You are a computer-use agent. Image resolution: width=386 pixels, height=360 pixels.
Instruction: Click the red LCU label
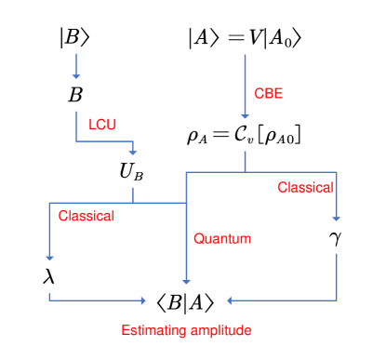click(x=102, y=124)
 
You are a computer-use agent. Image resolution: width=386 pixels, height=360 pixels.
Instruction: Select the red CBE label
click(x=268, y=93)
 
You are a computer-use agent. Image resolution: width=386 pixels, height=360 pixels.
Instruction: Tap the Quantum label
click(x=222, y=239)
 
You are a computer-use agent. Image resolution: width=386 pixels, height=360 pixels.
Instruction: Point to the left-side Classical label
click(x=87, y=216)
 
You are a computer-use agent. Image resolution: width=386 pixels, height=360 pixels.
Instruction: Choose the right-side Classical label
click(x=305, y=188)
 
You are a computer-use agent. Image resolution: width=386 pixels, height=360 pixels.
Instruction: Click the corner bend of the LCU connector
click(x=76, y=140)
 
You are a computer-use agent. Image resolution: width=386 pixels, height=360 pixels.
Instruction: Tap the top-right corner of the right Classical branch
click(x=336, y=172)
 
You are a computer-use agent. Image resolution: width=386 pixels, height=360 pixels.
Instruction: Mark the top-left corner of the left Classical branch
click(x=49, y=203)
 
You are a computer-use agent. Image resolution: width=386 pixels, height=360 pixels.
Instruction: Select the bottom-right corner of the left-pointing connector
click(x=336, y=300)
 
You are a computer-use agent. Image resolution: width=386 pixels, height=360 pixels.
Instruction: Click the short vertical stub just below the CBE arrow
click(x=245, y=161)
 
